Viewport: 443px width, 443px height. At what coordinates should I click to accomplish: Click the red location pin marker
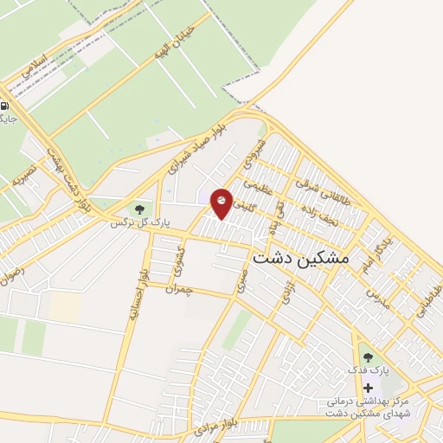[221, 202]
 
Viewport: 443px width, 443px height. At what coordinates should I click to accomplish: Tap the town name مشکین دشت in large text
[299, 258]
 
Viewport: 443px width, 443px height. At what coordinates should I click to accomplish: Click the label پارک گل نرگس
[137, 223]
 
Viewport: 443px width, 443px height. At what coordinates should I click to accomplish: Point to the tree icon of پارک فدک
[368, 356]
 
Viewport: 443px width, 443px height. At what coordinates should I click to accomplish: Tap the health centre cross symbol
[368, 387]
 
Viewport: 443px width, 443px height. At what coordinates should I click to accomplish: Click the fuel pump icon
[4, 106]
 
